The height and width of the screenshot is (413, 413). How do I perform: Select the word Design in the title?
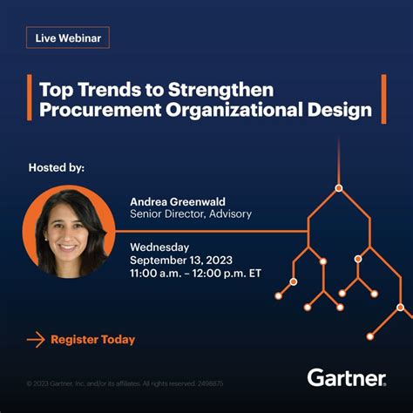(338, 110)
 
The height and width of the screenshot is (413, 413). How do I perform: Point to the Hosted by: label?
(57, 167)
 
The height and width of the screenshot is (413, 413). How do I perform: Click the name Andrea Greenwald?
(179, 200)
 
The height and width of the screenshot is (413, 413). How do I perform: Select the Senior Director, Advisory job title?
(191, 213)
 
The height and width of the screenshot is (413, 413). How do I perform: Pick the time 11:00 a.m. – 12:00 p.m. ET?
(194, 273)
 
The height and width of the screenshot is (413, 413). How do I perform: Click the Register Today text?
(93, 339)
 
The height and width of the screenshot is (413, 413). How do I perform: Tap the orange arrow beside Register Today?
(36, 339)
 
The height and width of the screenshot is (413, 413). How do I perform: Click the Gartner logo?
(346, 377)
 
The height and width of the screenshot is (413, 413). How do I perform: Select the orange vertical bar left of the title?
(30, 99)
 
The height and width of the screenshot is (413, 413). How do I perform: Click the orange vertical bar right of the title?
(383, 99)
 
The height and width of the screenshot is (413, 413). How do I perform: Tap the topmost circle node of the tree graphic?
(339, 187)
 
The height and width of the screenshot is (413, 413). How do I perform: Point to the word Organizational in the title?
(232, 110)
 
